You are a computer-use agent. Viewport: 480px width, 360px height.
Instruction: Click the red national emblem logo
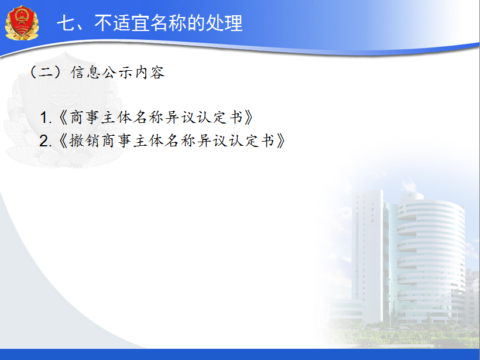pyautogui.click(x=22, y=23)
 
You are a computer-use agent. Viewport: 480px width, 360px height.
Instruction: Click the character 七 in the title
pyautogui.click(x=66, y=23)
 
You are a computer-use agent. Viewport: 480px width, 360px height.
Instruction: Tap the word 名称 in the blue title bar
pyautogui.click(x=168, y=23)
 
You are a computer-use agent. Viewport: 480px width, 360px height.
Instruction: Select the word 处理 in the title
pyautogui.click(x=224, y=23)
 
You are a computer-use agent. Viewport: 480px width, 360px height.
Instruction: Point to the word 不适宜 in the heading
pyautogui.click(x=122, y=23)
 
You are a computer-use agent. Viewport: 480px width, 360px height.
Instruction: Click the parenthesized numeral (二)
pyautogui.click(x=46, y=73)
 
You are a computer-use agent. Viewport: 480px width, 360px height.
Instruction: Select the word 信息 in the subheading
pyautogui.click(x=85, y=73)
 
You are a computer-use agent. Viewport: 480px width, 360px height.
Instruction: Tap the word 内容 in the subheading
pyautogui.click(x=150, y=73)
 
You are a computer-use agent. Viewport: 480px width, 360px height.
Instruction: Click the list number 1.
pyautogui.click(x=46, y=118)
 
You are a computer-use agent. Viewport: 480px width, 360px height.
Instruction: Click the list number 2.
pyautogui.click(x=45, y=141)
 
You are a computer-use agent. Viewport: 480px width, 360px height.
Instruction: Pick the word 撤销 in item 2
pyautogui.click(x=84, y=141)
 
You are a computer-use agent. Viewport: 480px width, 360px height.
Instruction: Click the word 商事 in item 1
pyautogui.click(x=84, y=118)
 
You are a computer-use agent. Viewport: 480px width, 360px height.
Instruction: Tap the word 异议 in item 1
pyautogui.click(x=181, y=118)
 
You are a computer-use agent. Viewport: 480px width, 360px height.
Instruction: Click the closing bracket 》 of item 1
pyautogui.click(x=249, y=118)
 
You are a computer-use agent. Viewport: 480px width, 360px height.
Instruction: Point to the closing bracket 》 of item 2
pyautogui.click(x=281, y=141)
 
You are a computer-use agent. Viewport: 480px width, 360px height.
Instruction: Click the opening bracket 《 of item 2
pyautogui.click(x=63, y=141)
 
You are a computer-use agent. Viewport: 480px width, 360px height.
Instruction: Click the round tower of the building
pyautogui.click(x=430, y=257)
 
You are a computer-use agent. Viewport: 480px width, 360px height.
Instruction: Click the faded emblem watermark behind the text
pyautogui.click(x=63, y=110)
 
